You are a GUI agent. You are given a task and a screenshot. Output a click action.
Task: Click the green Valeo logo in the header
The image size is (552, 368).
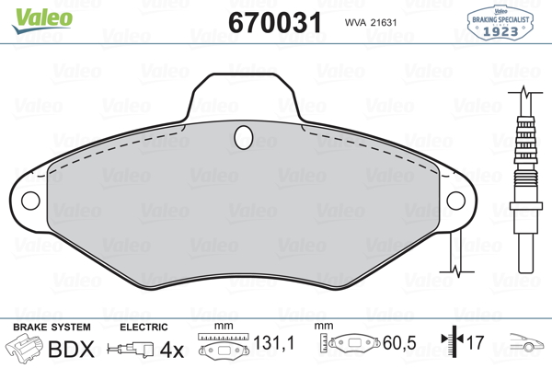point(42,20)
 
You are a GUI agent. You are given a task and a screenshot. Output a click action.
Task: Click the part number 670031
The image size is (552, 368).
point(275,22)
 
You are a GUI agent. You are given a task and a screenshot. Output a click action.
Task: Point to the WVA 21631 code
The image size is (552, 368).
point(371,23)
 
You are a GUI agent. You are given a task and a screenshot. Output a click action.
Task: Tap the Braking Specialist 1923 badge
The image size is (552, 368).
point(500,22)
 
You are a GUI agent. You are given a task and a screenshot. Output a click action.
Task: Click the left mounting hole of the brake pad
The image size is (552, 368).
point(30,201)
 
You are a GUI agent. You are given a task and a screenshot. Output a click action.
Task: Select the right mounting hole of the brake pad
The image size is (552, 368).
point(456,201)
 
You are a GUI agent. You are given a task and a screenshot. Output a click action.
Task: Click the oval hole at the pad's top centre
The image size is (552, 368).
point(244,137)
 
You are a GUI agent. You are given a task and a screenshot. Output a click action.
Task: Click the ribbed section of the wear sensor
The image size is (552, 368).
point(526,141)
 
